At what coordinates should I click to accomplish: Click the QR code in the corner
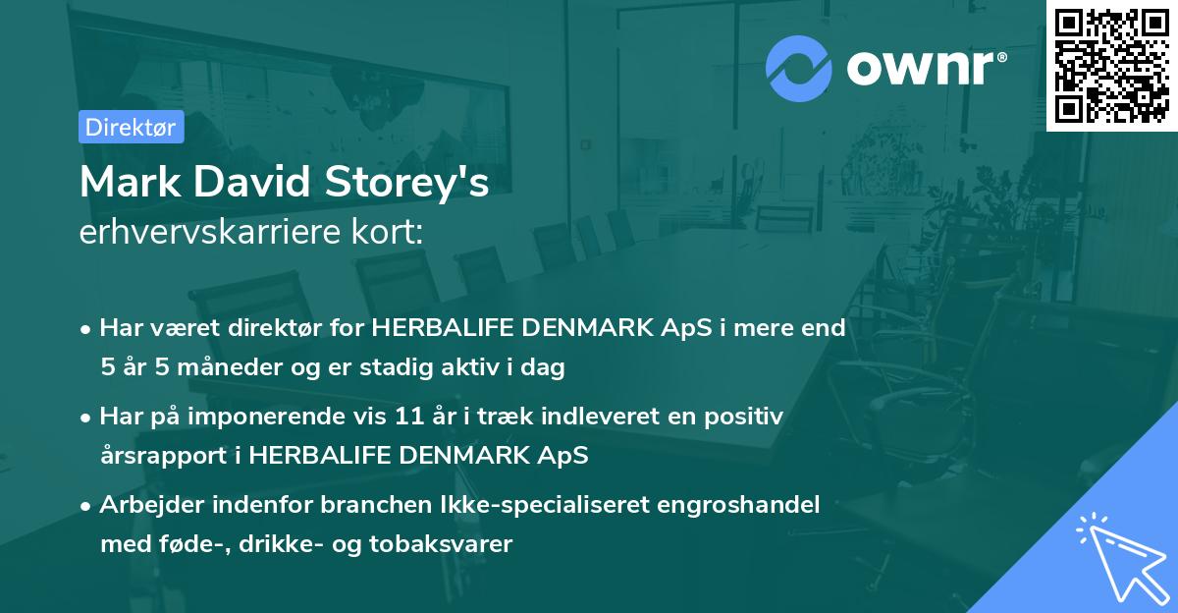click(x=1111, y=65)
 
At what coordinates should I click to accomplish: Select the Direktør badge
click(x=131, y=127)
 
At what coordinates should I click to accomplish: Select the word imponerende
click(x=294, y=417)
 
